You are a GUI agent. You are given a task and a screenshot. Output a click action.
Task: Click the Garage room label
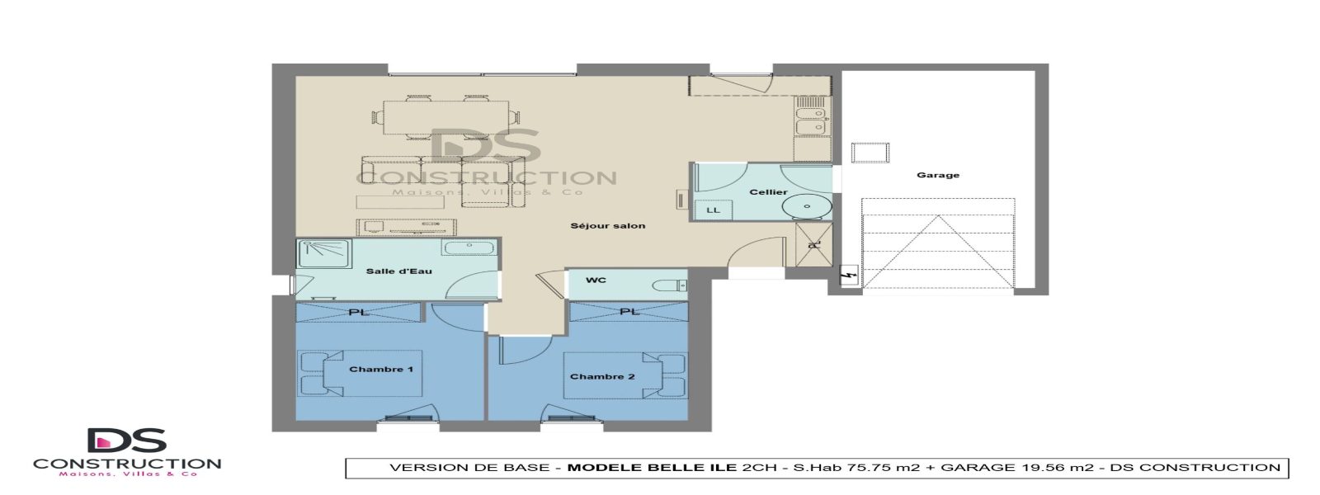click(x=938, y=175)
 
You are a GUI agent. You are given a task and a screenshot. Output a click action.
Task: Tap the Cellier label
click(x=768, y=192)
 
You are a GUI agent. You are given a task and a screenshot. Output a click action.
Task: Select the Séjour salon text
click(x=608, y=225)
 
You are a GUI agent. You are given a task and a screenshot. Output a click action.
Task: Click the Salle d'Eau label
click(x=398, y=271)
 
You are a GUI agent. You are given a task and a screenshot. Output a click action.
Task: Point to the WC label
click(x=596, y=280)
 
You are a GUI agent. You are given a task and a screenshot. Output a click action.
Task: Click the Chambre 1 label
click(x=381, y=369)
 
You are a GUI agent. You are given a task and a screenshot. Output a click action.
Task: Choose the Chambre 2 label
click(x=602, y=376)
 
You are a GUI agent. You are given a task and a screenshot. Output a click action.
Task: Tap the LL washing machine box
click(x=714, y=210)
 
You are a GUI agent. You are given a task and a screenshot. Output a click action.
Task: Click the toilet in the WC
click(x=669, y=285)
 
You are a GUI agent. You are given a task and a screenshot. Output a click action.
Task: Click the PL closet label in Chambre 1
click(x=357, y=312)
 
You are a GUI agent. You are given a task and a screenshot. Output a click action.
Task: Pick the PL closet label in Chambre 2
click(x=629, y=312)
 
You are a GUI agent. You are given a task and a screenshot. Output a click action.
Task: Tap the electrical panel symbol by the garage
click(x=848, y=276)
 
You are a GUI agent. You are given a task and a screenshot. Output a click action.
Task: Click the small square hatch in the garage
click(x=870, y=153)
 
